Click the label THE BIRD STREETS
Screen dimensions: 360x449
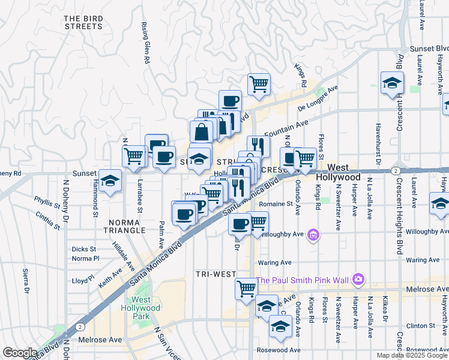tap(83, 22)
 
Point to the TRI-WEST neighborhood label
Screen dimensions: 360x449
tap(215, 274)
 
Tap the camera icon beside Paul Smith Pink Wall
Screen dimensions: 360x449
tap(358, 278)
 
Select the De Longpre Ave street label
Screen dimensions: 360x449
tap(318, 99)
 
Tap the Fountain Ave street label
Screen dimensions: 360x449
tap(285, 129)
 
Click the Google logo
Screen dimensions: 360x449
tap(20, 353)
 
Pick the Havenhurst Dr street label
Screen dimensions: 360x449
tap(378, 143)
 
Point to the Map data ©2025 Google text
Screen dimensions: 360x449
tap(411, 355)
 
